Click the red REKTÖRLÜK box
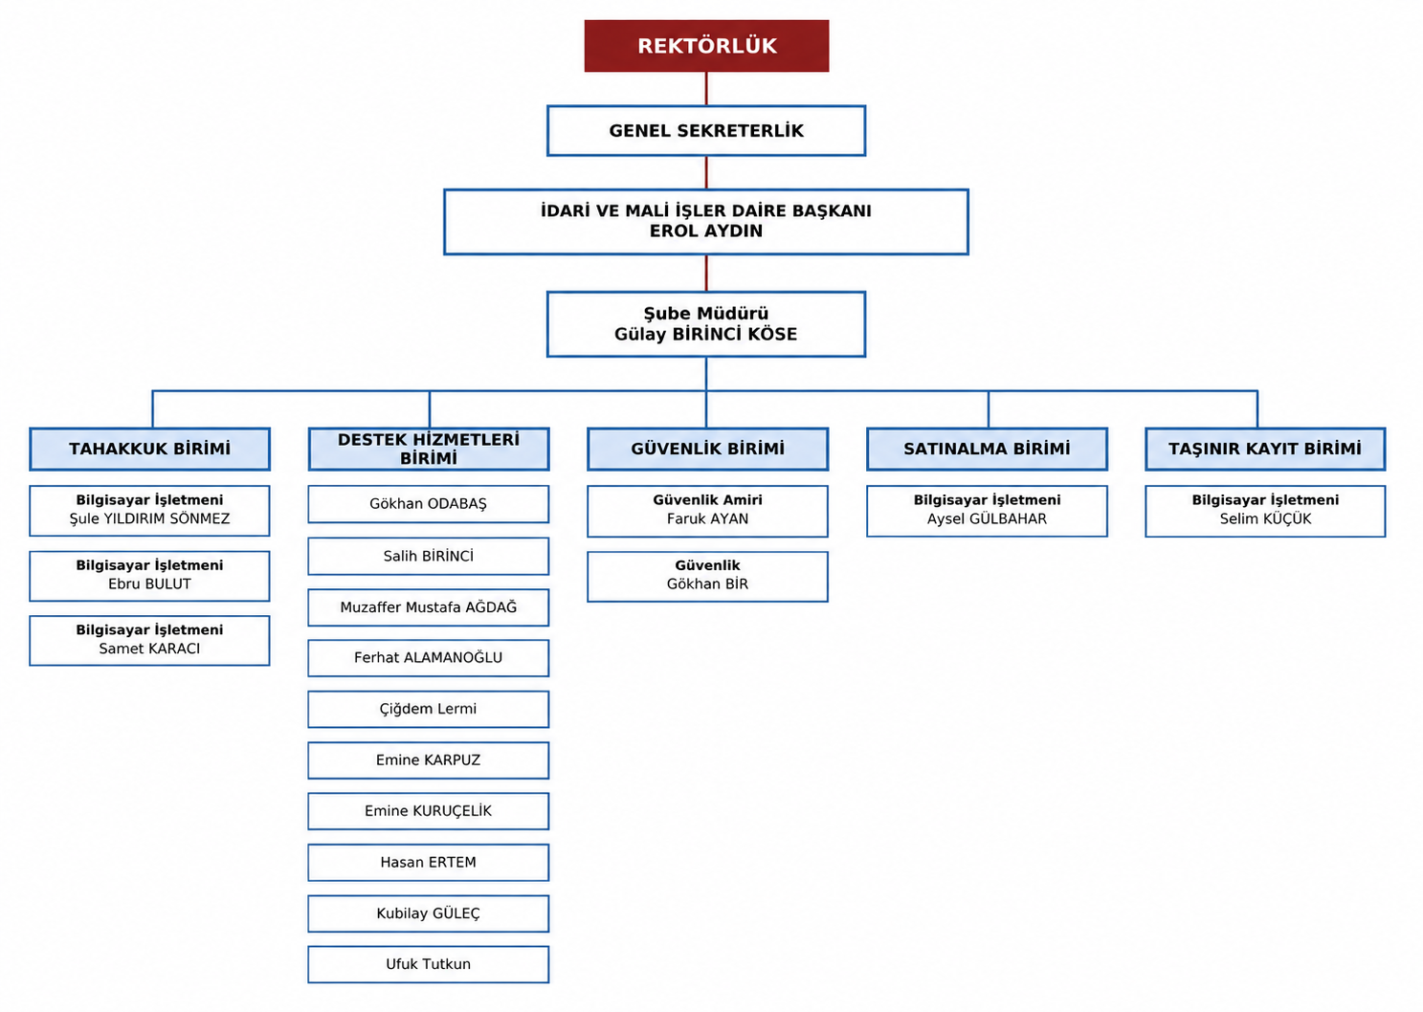(x=706, y=46)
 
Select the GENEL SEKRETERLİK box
(x=706, y=131)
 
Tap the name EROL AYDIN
(x=706, y=231)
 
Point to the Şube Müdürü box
(x=706, y=324)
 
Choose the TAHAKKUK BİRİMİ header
(x=150, y=449)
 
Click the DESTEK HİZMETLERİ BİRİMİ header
(x=429, y=449)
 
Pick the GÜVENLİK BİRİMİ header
(x=708, y=449)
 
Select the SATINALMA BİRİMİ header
(x=988, y=449)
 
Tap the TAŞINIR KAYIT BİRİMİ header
(x=1265, y=449)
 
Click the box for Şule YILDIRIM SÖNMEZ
(x=150, y=511)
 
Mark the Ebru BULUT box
(x=150, y=576)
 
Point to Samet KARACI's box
(x=150, y=641)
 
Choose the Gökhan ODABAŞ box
(x=429, y=504)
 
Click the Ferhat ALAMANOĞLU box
(x=429, y=658)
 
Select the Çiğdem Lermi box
(x=429, y=709)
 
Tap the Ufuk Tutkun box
(x=429, y=964)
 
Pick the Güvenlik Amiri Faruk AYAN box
(x=708, y=511)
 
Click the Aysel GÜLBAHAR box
(x=988, y=511)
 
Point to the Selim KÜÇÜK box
(x=1265, y=511)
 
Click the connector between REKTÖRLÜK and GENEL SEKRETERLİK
(x=706, y=88)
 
